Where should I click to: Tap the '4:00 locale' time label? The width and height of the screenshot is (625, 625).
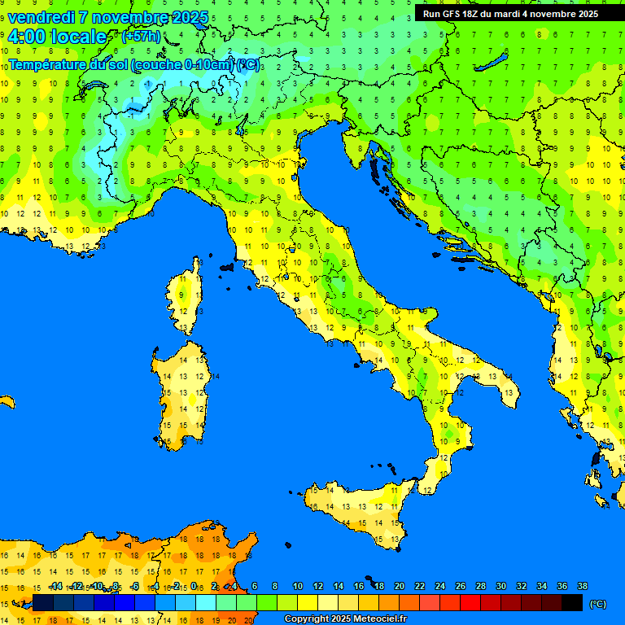point(57,37)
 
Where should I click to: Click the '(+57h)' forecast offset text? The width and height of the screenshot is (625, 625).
point(142,37)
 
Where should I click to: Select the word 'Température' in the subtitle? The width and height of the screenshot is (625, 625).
point(51,65)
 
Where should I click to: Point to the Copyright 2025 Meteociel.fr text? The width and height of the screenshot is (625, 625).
point(345,619)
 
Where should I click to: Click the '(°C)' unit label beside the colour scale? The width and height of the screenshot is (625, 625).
point(597,604)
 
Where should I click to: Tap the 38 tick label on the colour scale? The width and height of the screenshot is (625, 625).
point(583,587)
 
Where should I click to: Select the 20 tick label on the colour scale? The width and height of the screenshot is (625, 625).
point(400,587)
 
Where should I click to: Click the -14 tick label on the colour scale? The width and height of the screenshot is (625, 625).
point(55,587)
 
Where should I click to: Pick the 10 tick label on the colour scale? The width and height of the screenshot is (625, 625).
point(298,587)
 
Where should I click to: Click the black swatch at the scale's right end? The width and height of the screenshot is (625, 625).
point(572,603)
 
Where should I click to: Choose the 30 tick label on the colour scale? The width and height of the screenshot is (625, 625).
point(501,587)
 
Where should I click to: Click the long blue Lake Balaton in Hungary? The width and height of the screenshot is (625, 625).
point(493,63)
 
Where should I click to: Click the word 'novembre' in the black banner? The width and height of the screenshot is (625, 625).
point(553,14)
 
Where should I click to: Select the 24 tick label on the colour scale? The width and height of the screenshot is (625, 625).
point(440,587)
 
